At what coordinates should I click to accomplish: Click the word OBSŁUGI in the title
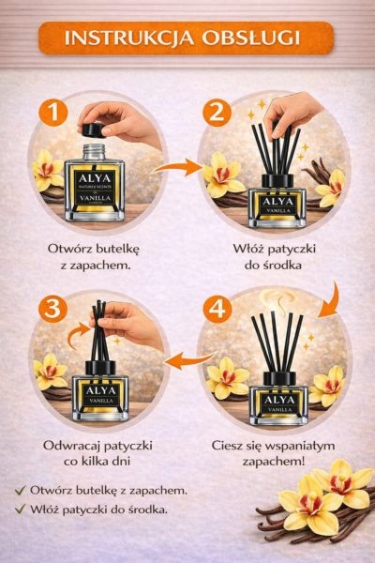point(251,38)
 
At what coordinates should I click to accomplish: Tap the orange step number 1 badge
point(53,113)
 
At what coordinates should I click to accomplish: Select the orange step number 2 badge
point(217,113)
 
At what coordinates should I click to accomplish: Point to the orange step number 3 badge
point(52,309)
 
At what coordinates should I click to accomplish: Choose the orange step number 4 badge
point(217,309)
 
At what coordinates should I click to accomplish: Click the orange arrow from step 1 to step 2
point(177,167)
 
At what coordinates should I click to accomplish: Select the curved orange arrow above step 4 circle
point(331,301)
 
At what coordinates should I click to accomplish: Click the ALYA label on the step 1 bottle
point(95,178)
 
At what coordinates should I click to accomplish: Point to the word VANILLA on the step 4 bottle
point(278,409)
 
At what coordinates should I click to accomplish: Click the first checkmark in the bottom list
point(21,490)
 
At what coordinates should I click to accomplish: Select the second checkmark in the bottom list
point(21,509)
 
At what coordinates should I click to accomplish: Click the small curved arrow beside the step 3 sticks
point(78,335)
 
